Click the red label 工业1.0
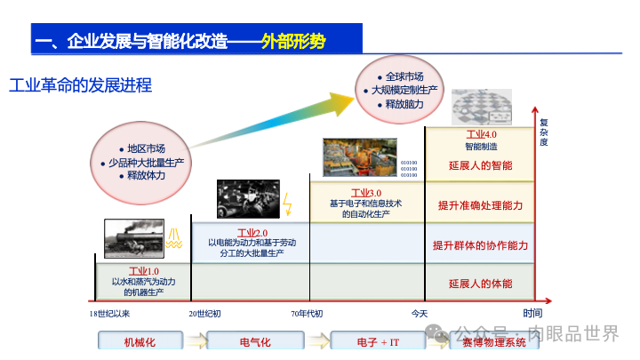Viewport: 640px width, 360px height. tap(144, 271)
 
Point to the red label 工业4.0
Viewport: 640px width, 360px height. tap(481, 134)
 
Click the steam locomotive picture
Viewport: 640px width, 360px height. tap(134, 238)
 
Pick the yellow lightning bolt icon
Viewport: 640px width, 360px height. tap(286, 207)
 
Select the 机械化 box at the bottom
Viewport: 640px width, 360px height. tap(140, 341)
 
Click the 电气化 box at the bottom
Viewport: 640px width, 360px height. tap(255, 341)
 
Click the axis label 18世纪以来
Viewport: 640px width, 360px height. tap(109, 313)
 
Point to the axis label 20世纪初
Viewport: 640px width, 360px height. tap(204, 313)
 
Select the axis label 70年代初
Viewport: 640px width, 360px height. tap(307, 313)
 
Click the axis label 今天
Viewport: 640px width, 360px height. tap(420, 313)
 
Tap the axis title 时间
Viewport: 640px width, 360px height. tap(532, 312)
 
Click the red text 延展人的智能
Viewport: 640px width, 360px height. tap(480, 165)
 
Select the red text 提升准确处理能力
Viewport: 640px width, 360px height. tap(480, 205)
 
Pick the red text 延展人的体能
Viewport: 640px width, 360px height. tap(480, 284)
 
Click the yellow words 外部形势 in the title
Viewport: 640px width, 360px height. tap(293, 42)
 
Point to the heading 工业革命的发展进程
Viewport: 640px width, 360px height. tap(81, 85)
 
